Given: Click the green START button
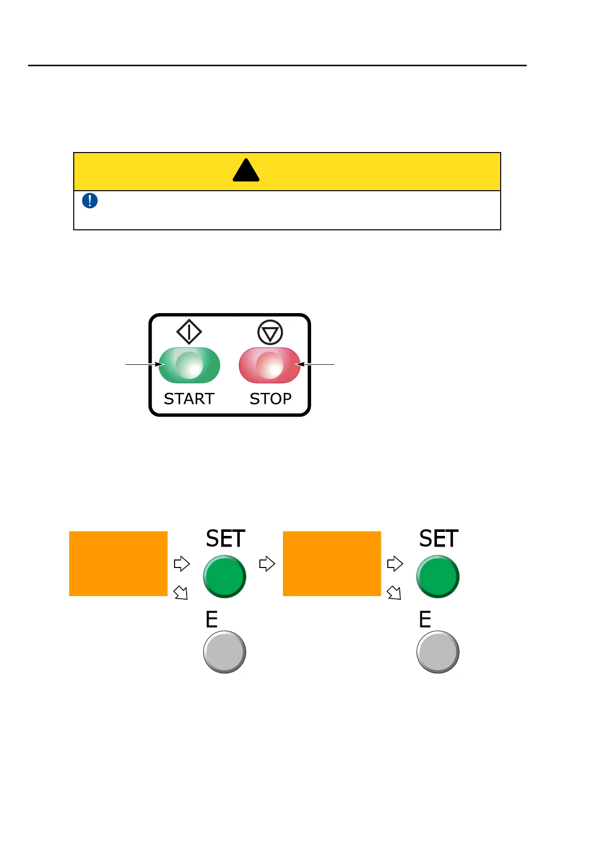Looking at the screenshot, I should (189, 365).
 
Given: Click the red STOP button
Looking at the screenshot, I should (269, 365).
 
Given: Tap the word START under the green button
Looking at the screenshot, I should (189, 399).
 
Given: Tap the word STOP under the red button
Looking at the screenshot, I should (270, 399).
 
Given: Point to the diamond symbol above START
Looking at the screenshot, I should (189, 332).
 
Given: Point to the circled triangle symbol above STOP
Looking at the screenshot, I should (270, 332).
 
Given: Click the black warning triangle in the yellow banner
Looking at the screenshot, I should (246, 171).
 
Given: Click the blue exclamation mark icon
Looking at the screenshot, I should (90, 201).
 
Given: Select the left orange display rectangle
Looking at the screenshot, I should (118, 564).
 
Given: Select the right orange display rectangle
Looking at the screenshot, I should (332, 564).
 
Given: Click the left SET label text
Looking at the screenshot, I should (225, 539).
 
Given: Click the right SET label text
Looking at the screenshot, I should (438, 539).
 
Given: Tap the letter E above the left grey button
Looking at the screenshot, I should (212, 620).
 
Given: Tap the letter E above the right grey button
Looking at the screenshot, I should (425, 620).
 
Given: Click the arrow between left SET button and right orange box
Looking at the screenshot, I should (267, 564).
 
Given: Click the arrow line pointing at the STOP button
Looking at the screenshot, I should (316, 364).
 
